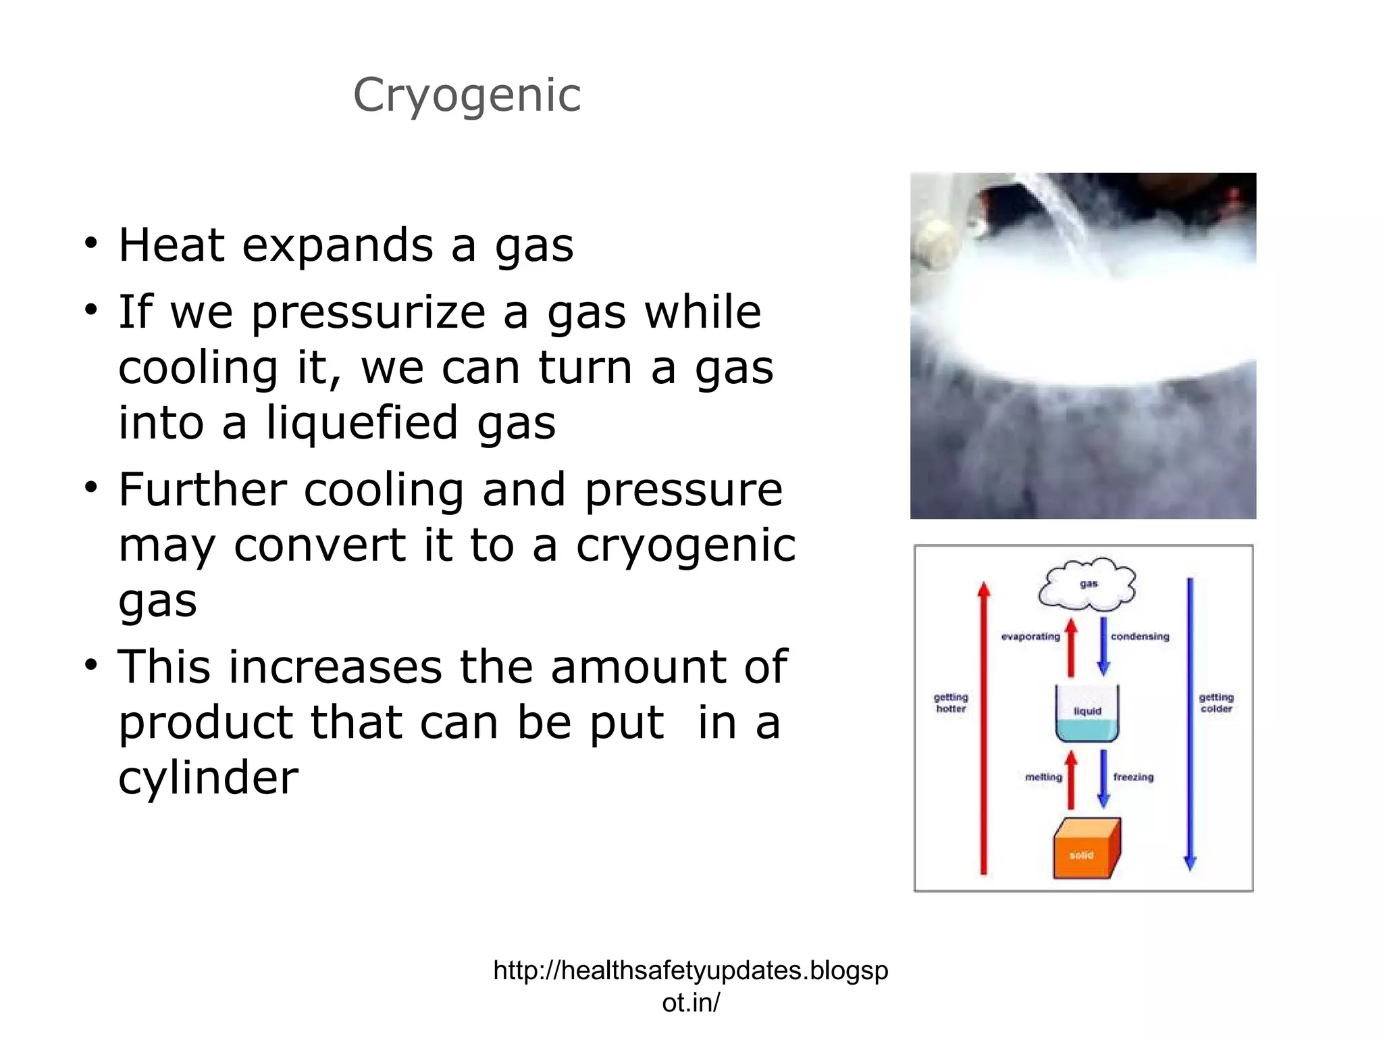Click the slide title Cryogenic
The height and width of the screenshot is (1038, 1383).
click(x=467, y=95)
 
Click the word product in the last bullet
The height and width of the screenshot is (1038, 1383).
click(x=206, y=722)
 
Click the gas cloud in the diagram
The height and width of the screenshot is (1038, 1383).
click(x=1087, y=584)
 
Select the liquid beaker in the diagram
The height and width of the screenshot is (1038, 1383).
click(x=1087, y=714)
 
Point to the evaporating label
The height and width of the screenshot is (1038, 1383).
click(x=1030, y=637)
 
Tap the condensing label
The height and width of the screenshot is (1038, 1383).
click(x=1140, y=637)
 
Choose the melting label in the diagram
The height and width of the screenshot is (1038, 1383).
click(x=1043, y=777)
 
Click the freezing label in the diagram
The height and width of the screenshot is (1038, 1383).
click(x=1133, y=777)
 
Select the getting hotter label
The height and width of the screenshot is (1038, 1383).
click(x=951, y=703)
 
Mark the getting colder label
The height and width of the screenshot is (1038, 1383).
click(x=1216, y=703)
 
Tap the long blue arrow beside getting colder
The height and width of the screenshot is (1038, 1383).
click(x=1190, y=723)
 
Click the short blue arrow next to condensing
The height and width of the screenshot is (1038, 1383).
click(x=1103, y=646)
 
